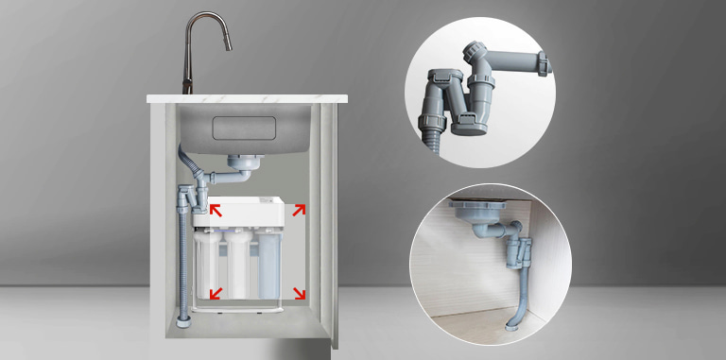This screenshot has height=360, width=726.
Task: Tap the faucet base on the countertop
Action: pos(187,88)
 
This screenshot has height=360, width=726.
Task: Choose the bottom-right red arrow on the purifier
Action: pos(300,293)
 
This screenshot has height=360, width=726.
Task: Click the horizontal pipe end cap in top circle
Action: pos(544,64)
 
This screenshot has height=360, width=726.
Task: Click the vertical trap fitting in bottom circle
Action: pos(518,255)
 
